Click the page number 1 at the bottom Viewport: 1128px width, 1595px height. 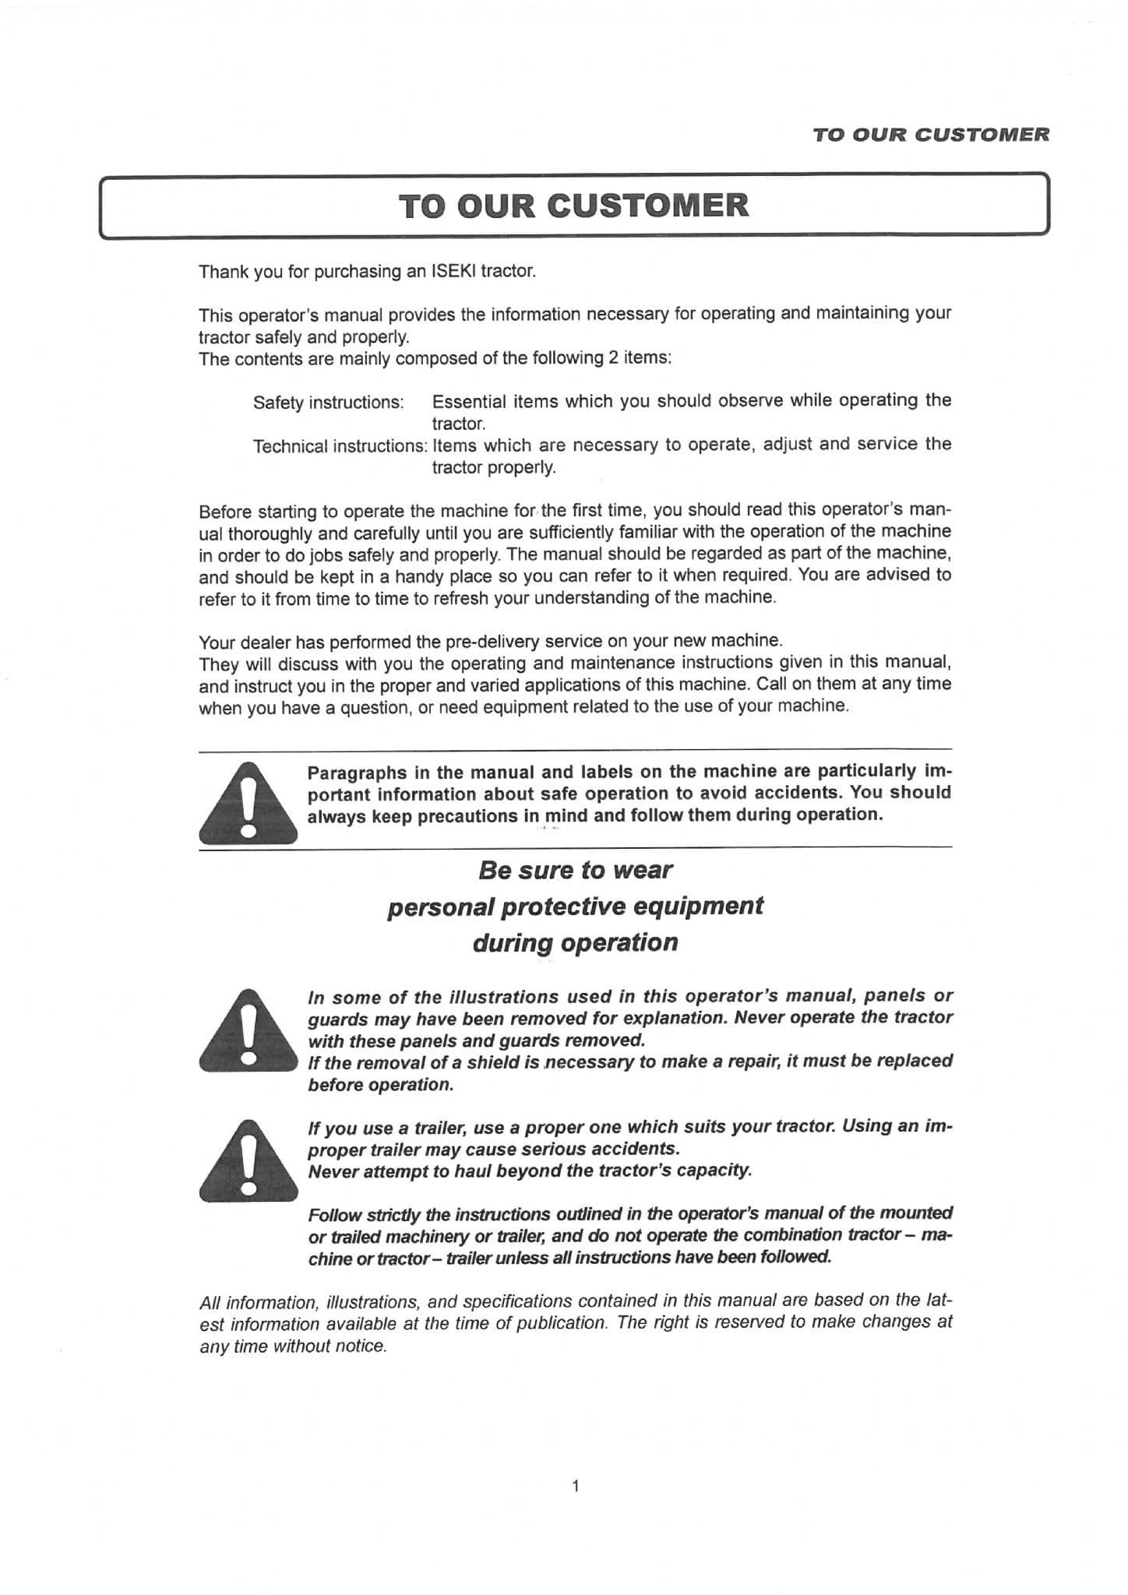[x=575, y=1486]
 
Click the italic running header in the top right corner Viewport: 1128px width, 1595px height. [x=930, y=135]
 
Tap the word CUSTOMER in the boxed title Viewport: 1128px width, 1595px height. [x=647, y=206]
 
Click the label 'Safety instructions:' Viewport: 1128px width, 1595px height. [x=328, y=403]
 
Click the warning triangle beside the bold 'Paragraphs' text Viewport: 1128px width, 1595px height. [x=248, y=803]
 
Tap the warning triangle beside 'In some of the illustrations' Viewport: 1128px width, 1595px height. [x=248, y=1030]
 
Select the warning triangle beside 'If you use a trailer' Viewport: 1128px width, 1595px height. [x=248, y=1160]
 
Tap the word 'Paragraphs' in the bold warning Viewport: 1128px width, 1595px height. [x=357, y=773]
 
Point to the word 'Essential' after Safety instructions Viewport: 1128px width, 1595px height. [x=469, y=402]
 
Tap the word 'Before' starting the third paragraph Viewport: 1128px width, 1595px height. [x=225, y=512]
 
